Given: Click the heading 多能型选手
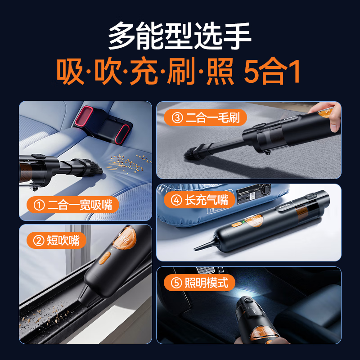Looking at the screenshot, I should point(180,37).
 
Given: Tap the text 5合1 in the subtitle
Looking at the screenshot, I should point(271,73).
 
